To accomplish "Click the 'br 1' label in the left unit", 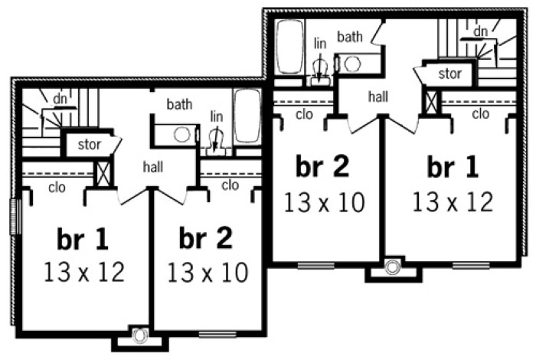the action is coord(83,239).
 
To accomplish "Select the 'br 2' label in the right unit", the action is coord(322,166).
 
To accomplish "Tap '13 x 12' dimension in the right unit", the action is coord(453,201).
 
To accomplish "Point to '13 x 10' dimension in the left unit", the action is coord(208,273).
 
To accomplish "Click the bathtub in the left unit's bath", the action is coord(247,116).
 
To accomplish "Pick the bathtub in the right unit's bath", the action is coord(290,46).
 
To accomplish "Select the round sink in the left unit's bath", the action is coord(182,135).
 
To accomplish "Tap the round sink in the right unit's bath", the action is coord(352,64).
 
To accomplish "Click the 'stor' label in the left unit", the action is coord(89,145).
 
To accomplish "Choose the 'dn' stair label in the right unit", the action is coord(480,31).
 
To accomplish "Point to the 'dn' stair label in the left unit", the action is coord(60,99).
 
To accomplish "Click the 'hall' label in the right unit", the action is coord(378,97).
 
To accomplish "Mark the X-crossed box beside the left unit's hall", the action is coord(103,174).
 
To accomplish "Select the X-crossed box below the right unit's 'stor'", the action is coord(431,103).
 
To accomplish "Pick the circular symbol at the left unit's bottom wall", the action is coord(140,335).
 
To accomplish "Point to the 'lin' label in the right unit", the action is coord(320,44).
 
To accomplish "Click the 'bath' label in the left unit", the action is coord(179,104).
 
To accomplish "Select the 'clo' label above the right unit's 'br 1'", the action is coord(481,114).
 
